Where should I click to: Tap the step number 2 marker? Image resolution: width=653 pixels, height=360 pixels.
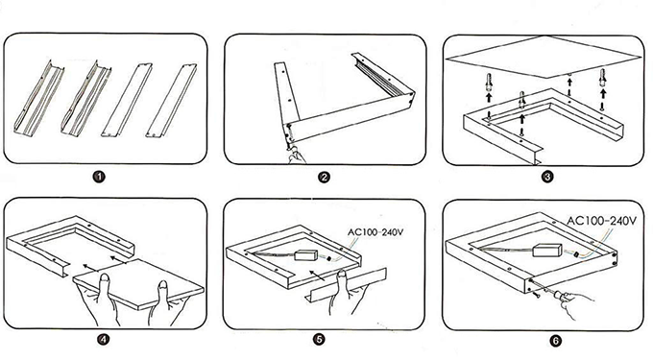click(325, 177)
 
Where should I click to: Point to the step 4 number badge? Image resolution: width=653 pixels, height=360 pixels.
click(104, 338)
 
